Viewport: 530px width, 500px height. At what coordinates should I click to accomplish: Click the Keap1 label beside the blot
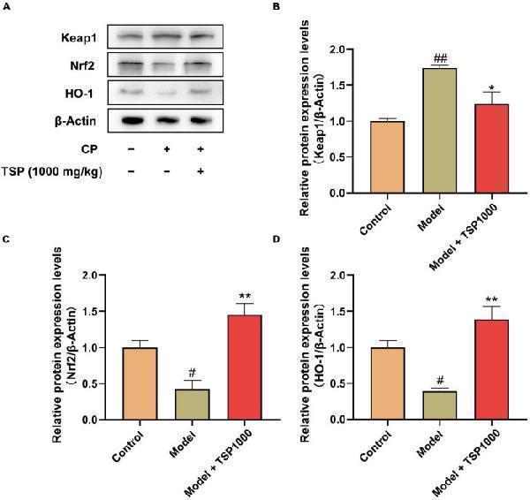[x=79, y=37]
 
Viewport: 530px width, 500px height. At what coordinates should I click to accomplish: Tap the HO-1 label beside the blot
[x=82, y=91]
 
